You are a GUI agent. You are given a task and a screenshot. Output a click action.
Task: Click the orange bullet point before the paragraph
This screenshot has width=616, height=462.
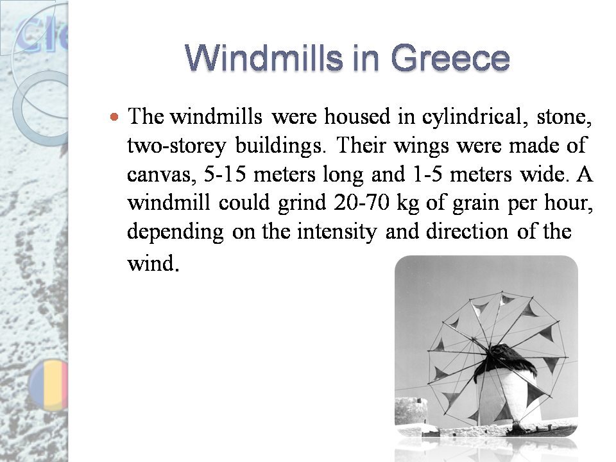tap(114, 117)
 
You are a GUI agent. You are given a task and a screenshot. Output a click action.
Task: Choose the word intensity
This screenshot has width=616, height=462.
tap(338, 232)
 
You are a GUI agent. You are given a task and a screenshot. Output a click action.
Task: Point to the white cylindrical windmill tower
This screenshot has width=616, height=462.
tap(507, 395)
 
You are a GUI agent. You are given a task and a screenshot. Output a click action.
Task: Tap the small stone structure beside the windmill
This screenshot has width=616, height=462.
tap(411, 411)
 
